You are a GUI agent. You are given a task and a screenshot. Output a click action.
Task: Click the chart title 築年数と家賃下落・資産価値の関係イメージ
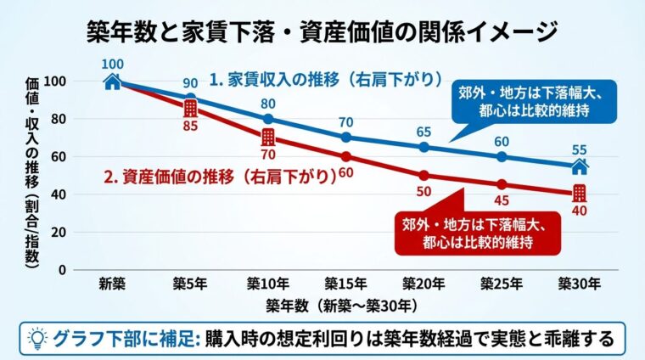click(x=322, y=31)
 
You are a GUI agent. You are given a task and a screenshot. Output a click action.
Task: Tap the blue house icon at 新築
click(x=112, y=82)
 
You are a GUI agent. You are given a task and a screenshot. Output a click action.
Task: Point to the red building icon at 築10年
click(x=268, y=138)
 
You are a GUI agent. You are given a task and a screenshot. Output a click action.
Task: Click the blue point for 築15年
click(x=346, y=138)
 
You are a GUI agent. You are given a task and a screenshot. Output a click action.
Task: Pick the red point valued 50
click(x=424, y=175)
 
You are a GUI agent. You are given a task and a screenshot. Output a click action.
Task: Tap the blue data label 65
click(x=424, y=132)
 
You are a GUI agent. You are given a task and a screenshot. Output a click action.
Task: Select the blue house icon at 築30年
click(x=580, y=166)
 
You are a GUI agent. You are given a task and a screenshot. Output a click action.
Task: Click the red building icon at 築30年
click(x=580, y=193)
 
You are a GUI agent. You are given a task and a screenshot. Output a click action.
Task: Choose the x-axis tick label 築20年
click(x=423, y=284)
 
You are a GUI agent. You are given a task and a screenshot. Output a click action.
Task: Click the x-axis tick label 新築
click(x=112, y=284)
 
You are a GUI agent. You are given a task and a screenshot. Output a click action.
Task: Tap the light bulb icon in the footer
click(x=36, y=339)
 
